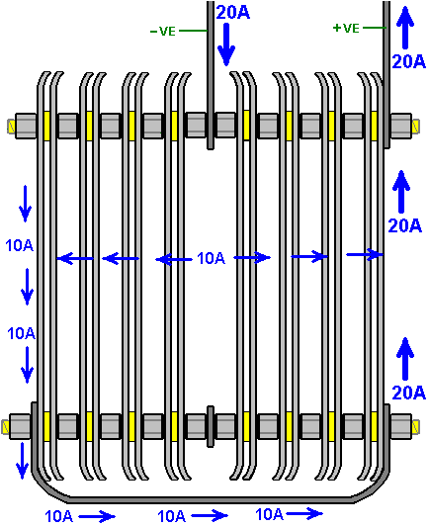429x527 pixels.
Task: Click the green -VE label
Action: (x=162, y=32)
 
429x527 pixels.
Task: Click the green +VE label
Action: (x=346, y=28)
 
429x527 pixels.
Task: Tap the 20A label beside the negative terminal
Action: (x=233, y=13)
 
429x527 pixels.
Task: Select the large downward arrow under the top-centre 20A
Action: (x=226, y=44)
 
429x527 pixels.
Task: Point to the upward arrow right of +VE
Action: (x=405, y=28)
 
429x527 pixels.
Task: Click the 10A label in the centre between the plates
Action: (x=211, y=258)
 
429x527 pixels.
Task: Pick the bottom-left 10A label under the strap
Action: (x=58, y=516)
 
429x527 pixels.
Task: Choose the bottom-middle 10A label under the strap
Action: (x=171, y=516)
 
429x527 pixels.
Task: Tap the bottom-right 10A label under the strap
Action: (x=269, y=514)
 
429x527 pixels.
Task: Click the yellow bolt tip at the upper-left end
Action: (x=12, y=127)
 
